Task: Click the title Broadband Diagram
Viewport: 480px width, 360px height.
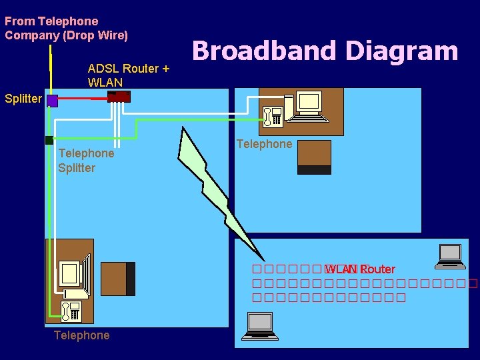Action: (325, 51)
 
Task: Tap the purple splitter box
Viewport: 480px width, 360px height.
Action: (53, 101)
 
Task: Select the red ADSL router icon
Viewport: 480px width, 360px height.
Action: (119, 97)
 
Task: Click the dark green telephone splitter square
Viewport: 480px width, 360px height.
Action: (49, 140)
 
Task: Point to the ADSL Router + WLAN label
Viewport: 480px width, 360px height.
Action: (128, 75)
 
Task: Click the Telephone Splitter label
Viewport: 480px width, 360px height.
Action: (86, 161)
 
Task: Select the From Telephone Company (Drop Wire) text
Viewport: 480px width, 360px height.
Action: (66, 28)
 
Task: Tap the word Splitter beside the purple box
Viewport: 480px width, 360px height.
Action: (23, 99)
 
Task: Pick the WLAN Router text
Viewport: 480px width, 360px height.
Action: (361, 269)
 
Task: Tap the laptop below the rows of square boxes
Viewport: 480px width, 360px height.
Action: (259, 325)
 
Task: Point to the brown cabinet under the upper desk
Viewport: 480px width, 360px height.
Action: (314, 157)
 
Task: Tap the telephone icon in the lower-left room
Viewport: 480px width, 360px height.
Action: (69, 310)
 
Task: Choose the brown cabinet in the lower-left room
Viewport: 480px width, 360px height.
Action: (117, 278)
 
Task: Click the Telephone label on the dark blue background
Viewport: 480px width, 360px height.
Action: (81, 335)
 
